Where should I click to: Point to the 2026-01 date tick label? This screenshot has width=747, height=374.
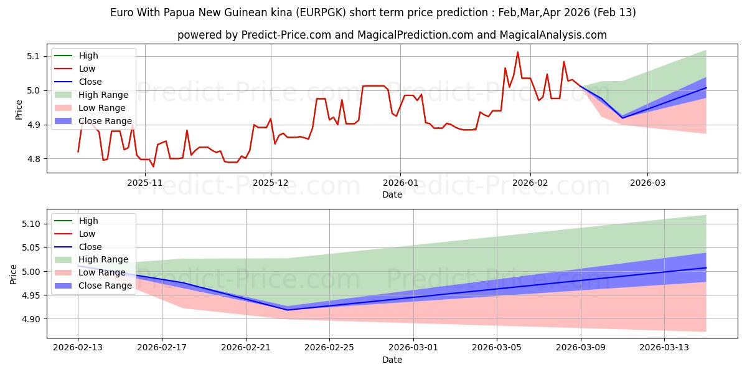pyautogui.click(x=400, y=183)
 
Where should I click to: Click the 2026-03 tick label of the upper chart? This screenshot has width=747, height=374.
pyautogui.click(x=647, y=183)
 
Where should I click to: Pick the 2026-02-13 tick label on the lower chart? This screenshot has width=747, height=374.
pyautogui.click(x=78, y=348)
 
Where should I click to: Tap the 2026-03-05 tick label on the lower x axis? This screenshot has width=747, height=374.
pyautogui.click(x=497, y=348)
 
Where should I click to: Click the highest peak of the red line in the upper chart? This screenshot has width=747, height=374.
pyautogui.click(x=517, y=52)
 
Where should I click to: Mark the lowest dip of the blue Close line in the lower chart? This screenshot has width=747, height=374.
pyautogui.click(x=288, y=310)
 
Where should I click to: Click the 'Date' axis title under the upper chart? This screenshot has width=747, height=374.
pyautogui.click(x=392, y=194)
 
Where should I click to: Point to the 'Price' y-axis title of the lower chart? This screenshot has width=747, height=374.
pyautogui.click(x=14, y=274)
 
